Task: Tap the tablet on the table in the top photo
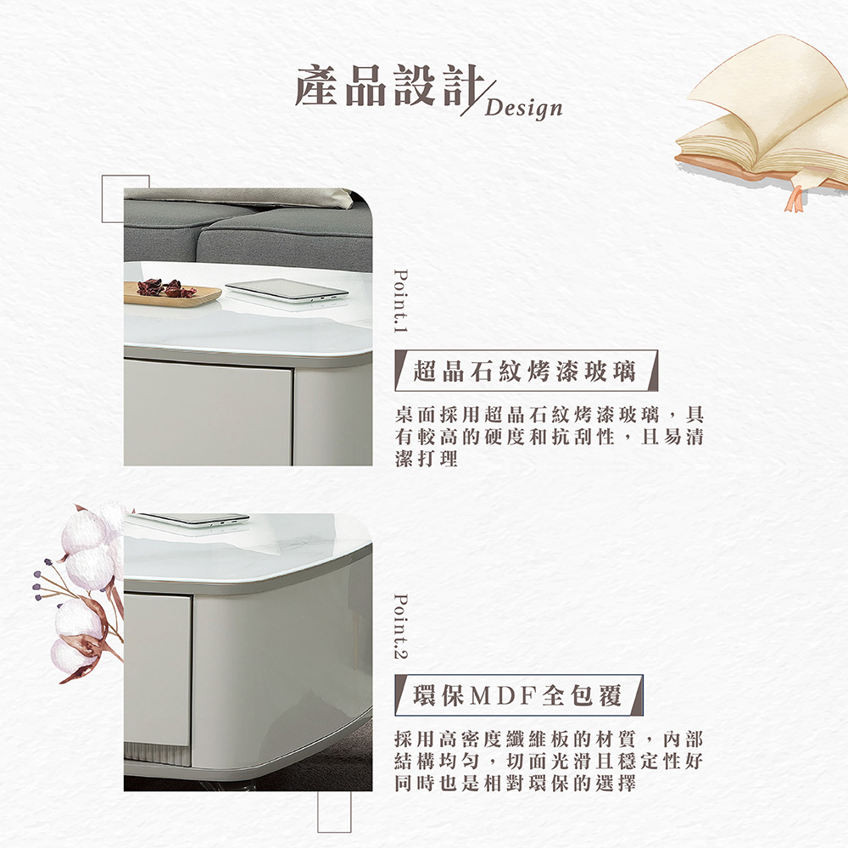pos(287,290)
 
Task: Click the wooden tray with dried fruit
pos(171,292)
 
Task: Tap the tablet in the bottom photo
pos(193,518)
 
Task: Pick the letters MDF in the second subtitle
pos(506,696)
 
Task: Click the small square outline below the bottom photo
pos(334,812)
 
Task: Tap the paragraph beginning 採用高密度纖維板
pos(550,761)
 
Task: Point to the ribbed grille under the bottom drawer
pos(158,752)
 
